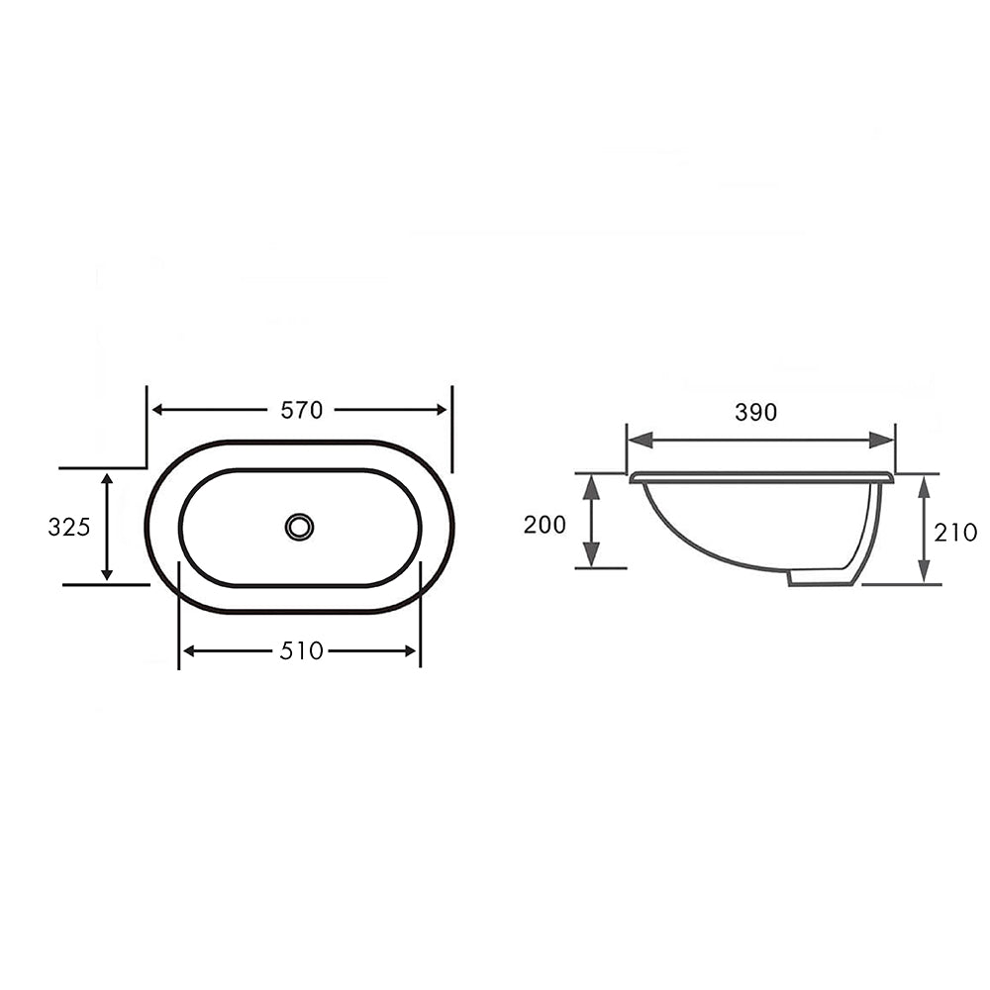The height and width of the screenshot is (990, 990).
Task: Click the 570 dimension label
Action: tap(302, 411)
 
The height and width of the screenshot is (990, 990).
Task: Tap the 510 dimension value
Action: tap(302, 651)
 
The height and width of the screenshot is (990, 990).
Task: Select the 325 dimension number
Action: tap(69, 527)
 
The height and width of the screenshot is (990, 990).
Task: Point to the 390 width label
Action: tap(755, 412)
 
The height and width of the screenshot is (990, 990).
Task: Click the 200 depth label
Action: tap(544, 525)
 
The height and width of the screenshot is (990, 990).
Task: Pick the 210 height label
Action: tap(955, 533)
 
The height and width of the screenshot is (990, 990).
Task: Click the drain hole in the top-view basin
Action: tap(299, 527)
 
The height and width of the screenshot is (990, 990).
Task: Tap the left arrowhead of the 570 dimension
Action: tap(157, 410)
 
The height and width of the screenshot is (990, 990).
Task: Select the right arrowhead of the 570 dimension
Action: tap(442, 410)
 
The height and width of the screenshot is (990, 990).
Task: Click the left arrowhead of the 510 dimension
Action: tap(188, 651)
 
